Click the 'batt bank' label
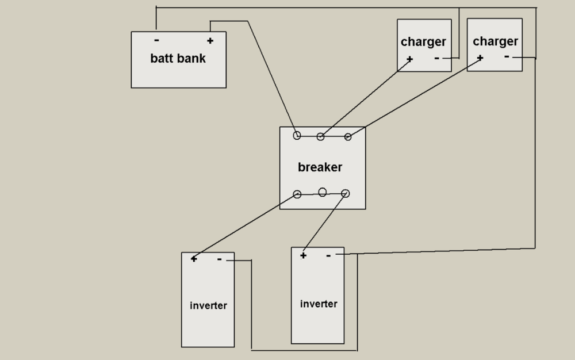click(x=178, y=58)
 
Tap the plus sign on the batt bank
click(x=210, y=41)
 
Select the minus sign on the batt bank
click(x=156, y=40)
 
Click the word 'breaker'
click(x=320, y=167)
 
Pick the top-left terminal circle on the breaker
click(x=297, y=136)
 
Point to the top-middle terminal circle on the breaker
click(x=320, y=137)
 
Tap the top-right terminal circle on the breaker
click(x=348, y=137)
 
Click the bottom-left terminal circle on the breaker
click(x=297, y=194)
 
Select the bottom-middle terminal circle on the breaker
click(x=323, y=192)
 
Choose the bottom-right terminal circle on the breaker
click(x=346, y=194)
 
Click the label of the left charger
click(x=423, y=42)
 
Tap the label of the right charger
click(x=496, y=41)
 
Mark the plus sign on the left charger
click(x=409, y=59)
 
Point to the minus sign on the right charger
click(x=507, y=56)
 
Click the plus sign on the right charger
click(x=480, y=58)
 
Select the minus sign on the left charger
click(x=437, y=58)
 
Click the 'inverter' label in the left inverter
click(x=208, y=305)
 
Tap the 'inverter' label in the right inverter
click(x=319, y=304)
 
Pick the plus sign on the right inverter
click(x=303, y=255)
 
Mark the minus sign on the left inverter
click(x=219, y=259)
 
